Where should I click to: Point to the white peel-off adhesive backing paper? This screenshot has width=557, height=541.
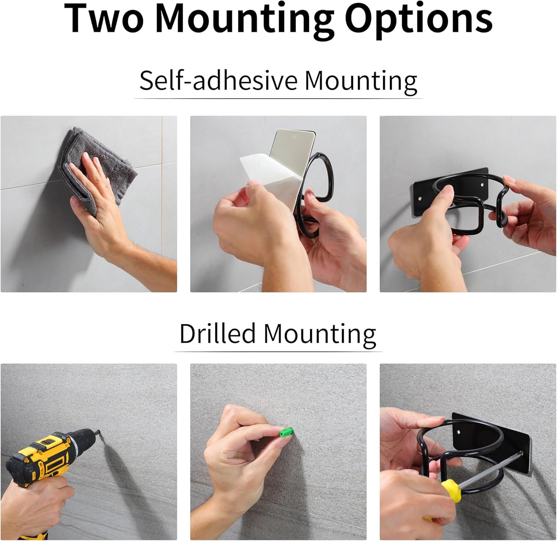point(263,179)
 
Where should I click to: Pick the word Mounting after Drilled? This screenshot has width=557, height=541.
point(320,335)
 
